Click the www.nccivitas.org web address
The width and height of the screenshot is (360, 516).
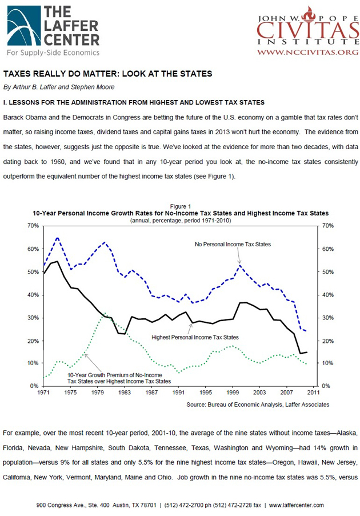pyautogui.click(x=307, y=52)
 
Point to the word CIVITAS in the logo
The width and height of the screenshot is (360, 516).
pyautogui.click(x=307, y=29)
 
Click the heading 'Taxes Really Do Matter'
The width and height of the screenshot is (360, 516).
pyautogui.click(x=107, y=74)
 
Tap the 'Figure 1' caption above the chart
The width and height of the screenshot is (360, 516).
pyautogui.click(x=181, y=206)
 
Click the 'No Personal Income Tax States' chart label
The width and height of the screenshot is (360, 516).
pyautogui.click(x=233, y=244)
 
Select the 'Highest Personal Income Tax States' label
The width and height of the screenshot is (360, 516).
pyautogui.click(x=195, y=337)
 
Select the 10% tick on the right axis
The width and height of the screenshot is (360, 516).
pyautogui.click(x=330, y=363)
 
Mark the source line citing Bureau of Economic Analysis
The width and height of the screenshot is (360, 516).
pyautogui.click(x=258, y=405)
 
